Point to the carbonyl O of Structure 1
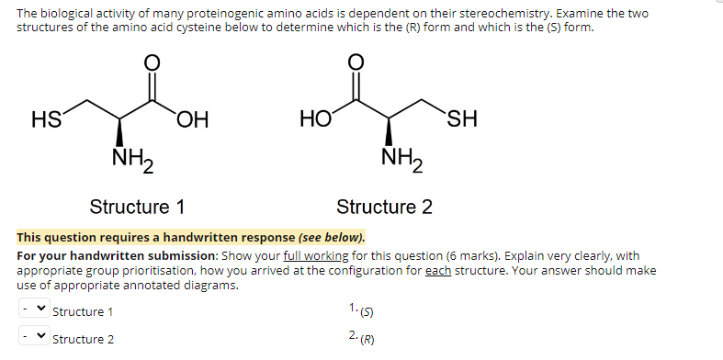tap(153, 62)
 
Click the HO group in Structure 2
tap(315, 119)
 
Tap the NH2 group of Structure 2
tap(400, 162)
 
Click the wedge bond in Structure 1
tap(119, 131)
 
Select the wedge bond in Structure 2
tap(390, 131)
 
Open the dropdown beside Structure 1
tap(32, 311)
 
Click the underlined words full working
tap(309, 254)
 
